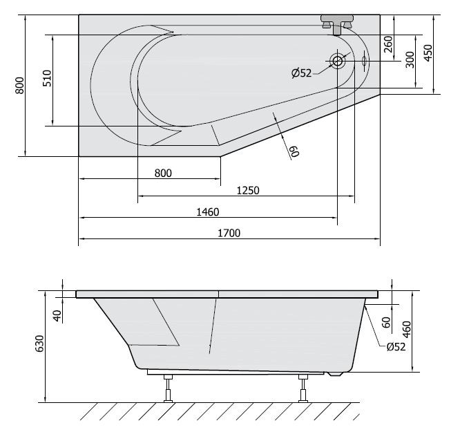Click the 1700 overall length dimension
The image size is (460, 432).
click(x=229, y=234)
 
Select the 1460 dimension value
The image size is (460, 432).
click(x=207, y=212)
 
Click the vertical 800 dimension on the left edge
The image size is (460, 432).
click(x=20, y=86)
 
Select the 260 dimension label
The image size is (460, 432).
click(x=389, y=45)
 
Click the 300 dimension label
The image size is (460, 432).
click(x=410, y=61)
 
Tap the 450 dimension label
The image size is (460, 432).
click(x=428, y=53)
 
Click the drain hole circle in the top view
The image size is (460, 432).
click(x=338, y=61)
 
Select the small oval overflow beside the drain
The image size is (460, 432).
click(x=363, y=61)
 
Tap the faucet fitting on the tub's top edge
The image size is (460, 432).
click(x=337, y=25)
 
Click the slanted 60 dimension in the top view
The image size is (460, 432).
click(x=294, y=151)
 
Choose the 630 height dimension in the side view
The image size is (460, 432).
click(x=39, y=344)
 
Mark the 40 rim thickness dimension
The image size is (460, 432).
click(x=58, y=314)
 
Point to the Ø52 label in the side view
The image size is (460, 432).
click(x=395, y=347)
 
